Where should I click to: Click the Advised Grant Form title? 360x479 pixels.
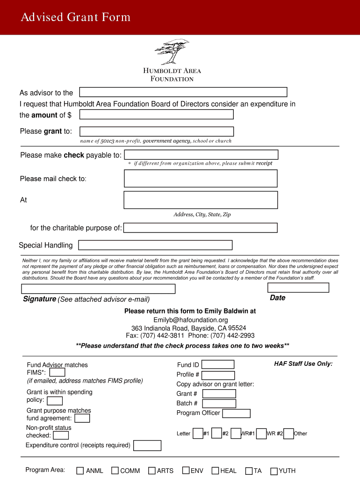75,17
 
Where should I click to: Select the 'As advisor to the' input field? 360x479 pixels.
183,92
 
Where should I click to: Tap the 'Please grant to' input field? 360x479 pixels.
157,131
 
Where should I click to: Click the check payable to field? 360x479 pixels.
201,154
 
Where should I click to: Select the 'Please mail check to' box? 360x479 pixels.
201,178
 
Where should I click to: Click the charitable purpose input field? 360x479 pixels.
201,228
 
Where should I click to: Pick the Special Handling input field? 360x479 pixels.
155,245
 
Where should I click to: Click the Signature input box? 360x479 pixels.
98,289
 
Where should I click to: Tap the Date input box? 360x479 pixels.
298,288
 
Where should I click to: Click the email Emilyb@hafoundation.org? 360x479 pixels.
190,320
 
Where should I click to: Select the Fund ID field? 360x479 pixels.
217,364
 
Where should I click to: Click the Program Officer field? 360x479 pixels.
236,414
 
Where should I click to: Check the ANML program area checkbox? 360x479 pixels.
80,471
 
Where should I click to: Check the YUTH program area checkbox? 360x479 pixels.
274,471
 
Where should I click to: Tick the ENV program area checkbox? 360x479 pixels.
186,471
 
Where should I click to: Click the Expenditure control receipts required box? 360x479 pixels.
147,445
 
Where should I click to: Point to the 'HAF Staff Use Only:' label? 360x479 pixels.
303,364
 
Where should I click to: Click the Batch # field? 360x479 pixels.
219,403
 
